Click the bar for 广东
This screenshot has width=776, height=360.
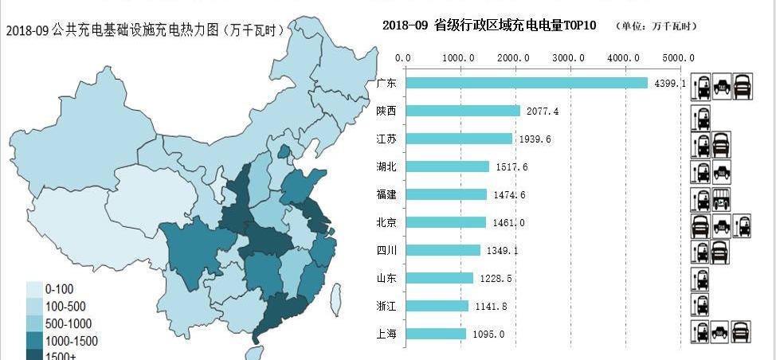click(526, 83)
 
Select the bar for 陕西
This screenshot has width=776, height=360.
click(462, 111)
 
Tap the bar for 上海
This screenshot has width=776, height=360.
click(435, 334)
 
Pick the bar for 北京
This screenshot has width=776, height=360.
click(445, 222)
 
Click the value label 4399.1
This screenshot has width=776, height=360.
click(669, 83)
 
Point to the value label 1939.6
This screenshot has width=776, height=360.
click(535, 139)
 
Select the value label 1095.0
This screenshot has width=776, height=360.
click(488, 334)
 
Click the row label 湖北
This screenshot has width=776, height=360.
click(386, 166)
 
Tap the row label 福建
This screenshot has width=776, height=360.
click(386, 194)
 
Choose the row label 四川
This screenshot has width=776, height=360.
click(386, 250)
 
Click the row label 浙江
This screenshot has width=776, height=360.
click(386, 306)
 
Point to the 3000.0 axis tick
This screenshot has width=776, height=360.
click(569, 57)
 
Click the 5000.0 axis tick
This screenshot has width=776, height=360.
click(679, 57)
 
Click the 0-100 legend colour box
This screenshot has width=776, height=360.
click(34, 289)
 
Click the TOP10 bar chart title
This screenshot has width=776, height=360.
click(490, 25)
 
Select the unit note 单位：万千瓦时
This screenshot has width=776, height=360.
click(656, 26)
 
